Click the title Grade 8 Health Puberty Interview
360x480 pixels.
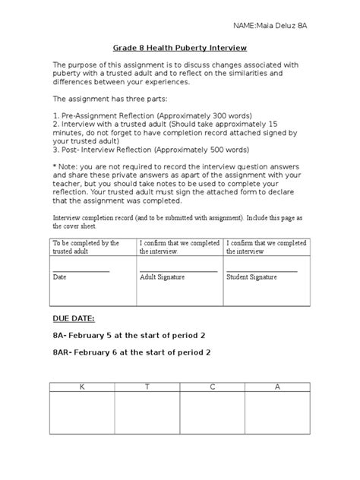(x=178, y=45)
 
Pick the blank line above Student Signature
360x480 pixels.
(x=262, y=270)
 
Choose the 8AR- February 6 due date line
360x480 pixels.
(x=131, y=352)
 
